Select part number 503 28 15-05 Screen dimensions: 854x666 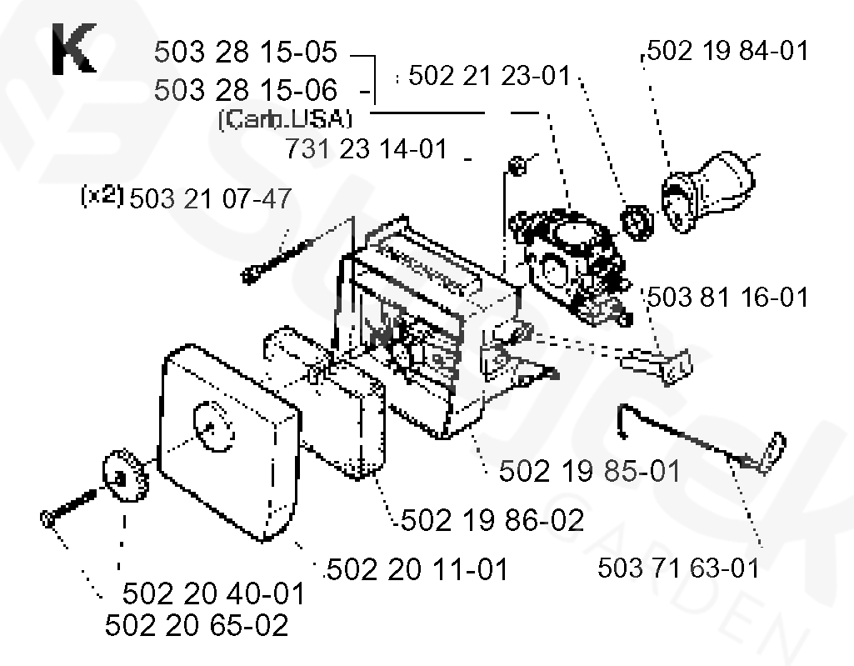pyautogui.click(x=246, y=53)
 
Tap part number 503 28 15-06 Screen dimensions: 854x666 pyautogui.click(x=246, y=89)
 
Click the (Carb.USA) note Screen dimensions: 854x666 pyautogui.click(x=284, y=119)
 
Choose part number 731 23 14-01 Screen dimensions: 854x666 pyautogui.click(x=366, y=150)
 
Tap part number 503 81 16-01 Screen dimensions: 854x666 pyautogui.click(x=727, y=296)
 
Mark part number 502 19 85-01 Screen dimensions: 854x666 pyautogui.click(x=589, y=471)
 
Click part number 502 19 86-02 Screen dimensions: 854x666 pyautogui.click(x=492, y=520)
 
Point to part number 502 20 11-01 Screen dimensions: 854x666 pyautogui.click(x=417, y=570)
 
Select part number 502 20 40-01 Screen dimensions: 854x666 pyautogui.click(x=213, y=594)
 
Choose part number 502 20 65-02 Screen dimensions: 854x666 pyautogui.click(x=197, y=625)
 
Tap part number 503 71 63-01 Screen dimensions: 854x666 pyautogui.click(x=679, y=568)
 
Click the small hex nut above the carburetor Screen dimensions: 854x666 pyautogui.click(x=517, y=165)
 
